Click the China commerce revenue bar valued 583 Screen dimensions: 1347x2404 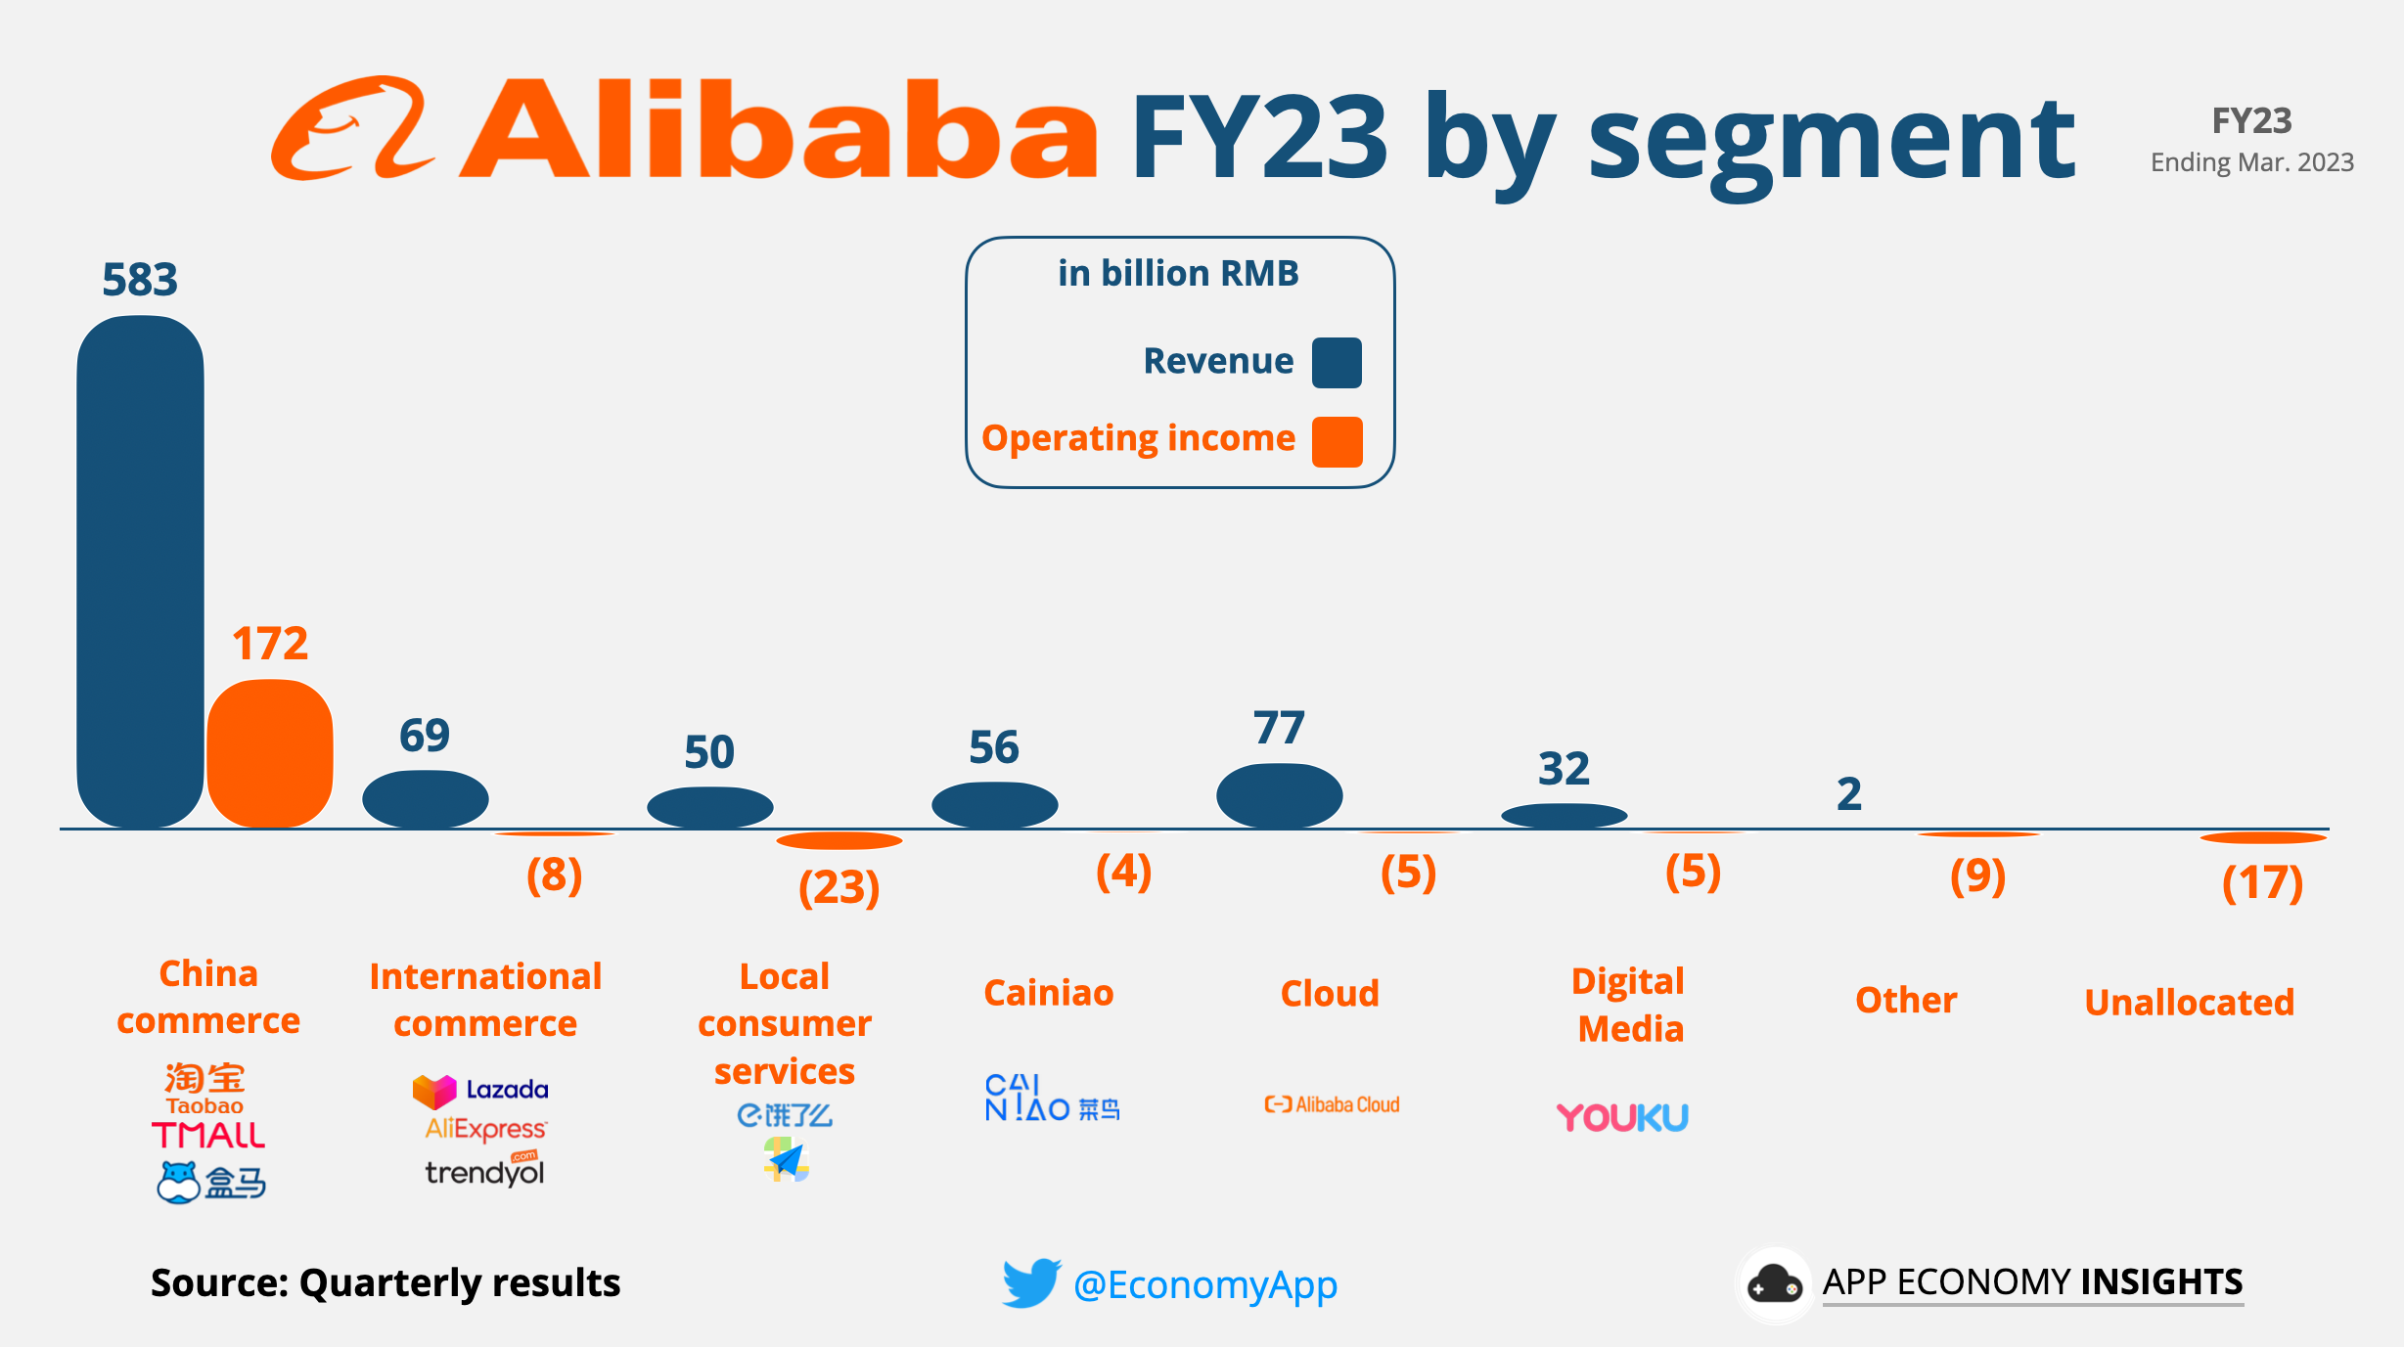tap(140, 572)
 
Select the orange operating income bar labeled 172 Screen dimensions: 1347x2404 tap(270, 753)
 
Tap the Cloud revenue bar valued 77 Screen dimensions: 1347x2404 tap(1279, 795)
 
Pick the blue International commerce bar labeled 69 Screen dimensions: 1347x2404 tap(425, 798)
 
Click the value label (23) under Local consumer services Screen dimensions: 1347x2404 tap(839, 888)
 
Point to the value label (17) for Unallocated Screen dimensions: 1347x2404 tap(2262, 883)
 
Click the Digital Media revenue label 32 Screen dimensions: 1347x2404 tap(1564, 769)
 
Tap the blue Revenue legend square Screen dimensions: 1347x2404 tap(1337, 363)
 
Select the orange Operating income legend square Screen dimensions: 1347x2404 tap(1337, 441)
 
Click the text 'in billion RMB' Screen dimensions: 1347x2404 tap(1178, 274)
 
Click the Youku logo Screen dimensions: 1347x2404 tap(1622, 1117)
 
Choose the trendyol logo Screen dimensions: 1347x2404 tap(484, 1172)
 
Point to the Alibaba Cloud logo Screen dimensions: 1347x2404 tap(1332, 1104)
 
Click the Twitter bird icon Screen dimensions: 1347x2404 tap(1030, 1282)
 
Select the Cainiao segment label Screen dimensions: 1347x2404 tap(1048, 993)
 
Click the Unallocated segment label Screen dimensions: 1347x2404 tap(2189, 1003)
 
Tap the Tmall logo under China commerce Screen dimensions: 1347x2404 tap(208, 1136)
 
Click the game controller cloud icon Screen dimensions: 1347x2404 tap(1774, 1284)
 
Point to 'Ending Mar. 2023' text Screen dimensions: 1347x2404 tap(2251, 162)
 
